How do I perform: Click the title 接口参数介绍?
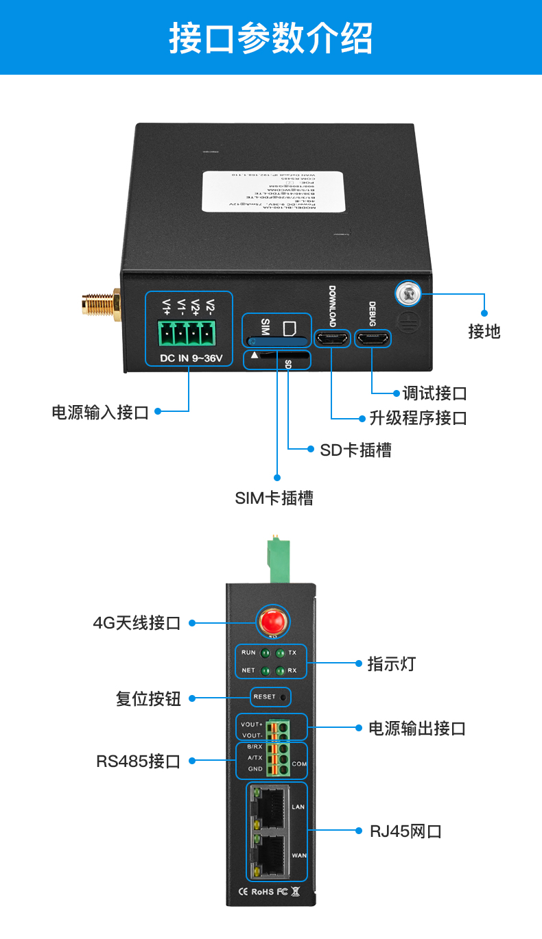pyautogui.click(x=271, y=38)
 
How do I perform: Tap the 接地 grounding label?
pyautogui.click(x=484, y=332)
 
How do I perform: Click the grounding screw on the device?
pyautogui.click(x=408, y=294)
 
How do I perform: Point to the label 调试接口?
pyautogui.click(x=434, y=393)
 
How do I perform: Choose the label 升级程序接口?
pyautogui.click(x=418, y=417)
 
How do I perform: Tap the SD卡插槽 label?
pyautogui.click(x=355, y=450)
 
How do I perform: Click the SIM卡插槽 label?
pyautogui.click(x=274, y=498)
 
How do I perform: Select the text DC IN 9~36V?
pyautogui.click(x=189, y=358)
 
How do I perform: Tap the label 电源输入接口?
pyautogui.click(x=100, y=412)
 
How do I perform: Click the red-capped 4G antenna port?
pyautogui.click(x=272, y=622)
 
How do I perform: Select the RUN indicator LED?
pyautogui.click(x=265, y=653)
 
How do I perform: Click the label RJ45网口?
pyautogui.click(x=405, y=831)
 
